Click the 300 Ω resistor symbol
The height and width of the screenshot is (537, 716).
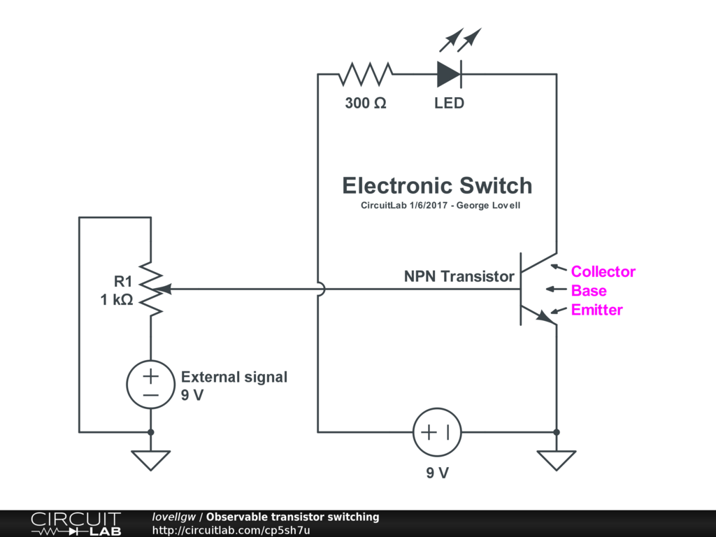click(x=366, y=73)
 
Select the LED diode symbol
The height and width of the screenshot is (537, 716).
click(x=449, y=73)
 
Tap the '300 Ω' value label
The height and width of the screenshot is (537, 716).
click(x=366, y=103)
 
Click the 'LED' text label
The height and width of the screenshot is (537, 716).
click(x=449, y=103)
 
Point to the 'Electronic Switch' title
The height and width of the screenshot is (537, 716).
click(x=437, y=186)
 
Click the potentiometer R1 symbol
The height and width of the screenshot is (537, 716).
click(x=151, y=288)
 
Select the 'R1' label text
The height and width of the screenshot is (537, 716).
click(x=123, y=282)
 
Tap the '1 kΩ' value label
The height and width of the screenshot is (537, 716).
click(x=116, y=301)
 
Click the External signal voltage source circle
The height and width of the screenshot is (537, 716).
click(x=151, y=385)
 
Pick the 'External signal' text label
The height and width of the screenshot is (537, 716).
click(x=234, y=377)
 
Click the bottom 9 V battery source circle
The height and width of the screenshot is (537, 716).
click(x=437, y=432)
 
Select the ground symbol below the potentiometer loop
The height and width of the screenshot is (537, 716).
click(x=151, y=460)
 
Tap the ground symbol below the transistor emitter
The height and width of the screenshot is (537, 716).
click(x=557, y=460)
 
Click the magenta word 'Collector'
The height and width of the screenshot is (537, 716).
click(x=603, y=271)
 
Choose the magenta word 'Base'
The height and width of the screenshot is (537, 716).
click(x=589, y=291)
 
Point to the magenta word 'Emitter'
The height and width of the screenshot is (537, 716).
click(x=596, y=310)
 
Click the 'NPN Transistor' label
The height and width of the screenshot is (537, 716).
click(x=459, y=276)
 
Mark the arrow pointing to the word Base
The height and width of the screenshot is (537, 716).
click(x=555, y=289)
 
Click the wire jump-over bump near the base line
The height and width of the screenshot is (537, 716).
click(x=320, y=289)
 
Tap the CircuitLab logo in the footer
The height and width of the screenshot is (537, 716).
click(x=76, y=524)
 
